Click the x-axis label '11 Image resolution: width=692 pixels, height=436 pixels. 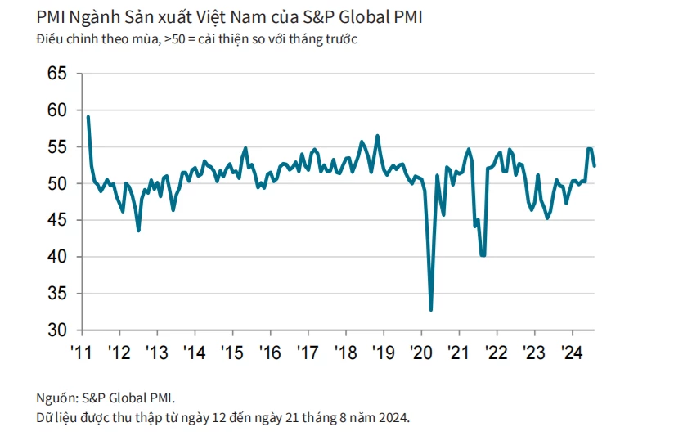(82, 353)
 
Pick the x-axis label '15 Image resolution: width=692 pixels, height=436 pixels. (232, 353)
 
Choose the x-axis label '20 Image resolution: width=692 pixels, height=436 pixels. (420, 353)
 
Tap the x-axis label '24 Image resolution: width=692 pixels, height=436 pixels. (571, 353)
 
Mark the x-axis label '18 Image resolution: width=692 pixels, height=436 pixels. (345, 353)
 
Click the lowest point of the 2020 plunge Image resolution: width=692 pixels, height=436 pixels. (430, 310)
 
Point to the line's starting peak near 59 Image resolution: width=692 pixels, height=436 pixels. (88, 116)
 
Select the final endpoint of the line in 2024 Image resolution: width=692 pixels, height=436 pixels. (594, 165)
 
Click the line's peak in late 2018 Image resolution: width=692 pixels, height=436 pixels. (377, 135)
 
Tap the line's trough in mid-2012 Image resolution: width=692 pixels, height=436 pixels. (138, 231)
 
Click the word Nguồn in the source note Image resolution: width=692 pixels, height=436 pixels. (56, 398)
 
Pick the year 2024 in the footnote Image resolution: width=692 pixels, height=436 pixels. (391, 417)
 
